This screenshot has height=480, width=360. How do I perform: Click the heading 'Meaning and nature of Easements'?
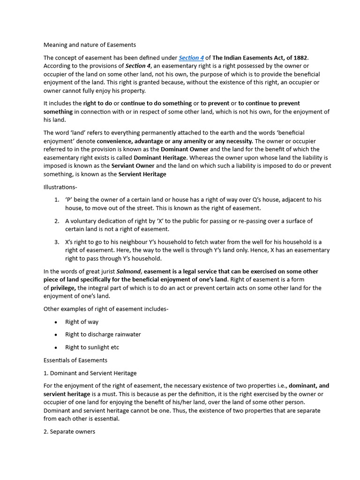click(x=90, y=45)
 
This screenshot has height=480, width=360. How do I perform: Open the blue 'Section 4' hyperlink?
click(x=191, y=58)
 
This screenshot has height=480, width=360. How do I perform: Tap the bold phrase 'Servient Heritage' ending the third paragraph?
click(x=142, y=174)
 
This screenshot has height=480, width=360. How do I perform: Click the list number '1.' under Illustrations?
click(x=56, y=200)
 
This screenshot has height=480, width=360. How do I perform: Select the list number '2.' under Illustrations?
click(x=56, y=221)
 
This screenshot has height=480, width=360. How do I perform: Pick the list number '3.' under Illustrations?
click(x=56, y=242)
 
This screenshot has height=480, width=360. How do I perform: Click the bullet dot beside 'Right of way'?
click(x=56, y=322)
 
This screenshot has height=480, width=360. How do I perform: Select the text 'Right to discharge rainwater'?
click(x=103, y=335)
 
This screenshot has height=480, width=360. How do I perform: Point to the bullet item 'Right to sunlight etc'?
click(x=92, y=347)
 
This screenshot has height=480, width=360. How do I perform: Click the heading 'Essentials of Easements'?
click(x=75, y=360)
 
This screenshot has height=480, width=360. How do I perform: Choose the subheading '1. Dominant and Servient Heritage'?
click(x=90, y=373)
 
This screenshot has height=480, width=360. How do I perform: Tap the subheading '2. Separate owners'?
click(x=69, y=431)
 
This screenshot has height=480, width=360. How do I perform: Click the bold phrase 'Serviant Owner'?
click(x=133, y=166)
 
